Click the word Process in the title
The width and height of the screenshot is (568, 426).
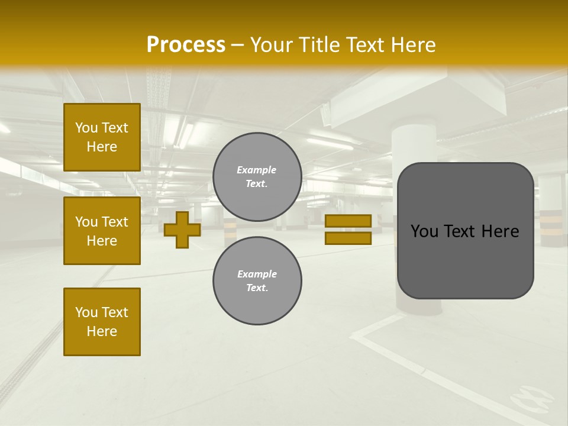tap(186, 45)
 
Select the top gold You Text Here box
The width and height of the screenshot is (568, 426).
tap(102, 137)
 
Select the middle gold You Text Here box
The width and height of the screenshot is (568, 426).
tap(102, 231)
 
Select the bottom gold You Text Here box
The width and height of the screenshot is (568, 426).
tap(102, 322)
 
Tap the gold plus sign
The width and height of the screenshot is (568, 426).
tap(182, 230)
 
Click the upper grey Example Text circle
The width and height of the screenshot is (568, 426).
tap(257, 177)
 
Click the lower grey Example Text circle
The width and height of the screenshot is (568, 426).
tap(257, 281)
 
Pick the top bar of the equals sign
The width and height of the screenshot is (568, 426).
tap(348, 221)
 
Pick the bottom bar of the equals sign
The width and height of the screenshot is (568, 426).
tap(348, 238)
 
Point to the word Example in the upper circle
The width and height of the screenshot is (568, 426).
tap(256, 170)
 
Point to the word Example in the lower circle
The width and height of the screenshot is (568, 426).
tap(257, 274)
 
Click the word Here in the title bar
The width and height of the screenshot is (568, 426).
tap(412, 45)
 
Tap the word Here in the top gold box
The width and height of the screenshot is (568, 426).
tap(102, 147)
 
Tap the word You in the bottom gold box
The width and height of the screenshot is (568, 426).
tap(86, 312)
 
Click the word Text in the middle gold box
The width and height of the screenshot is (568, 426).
tap(115, 222)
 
